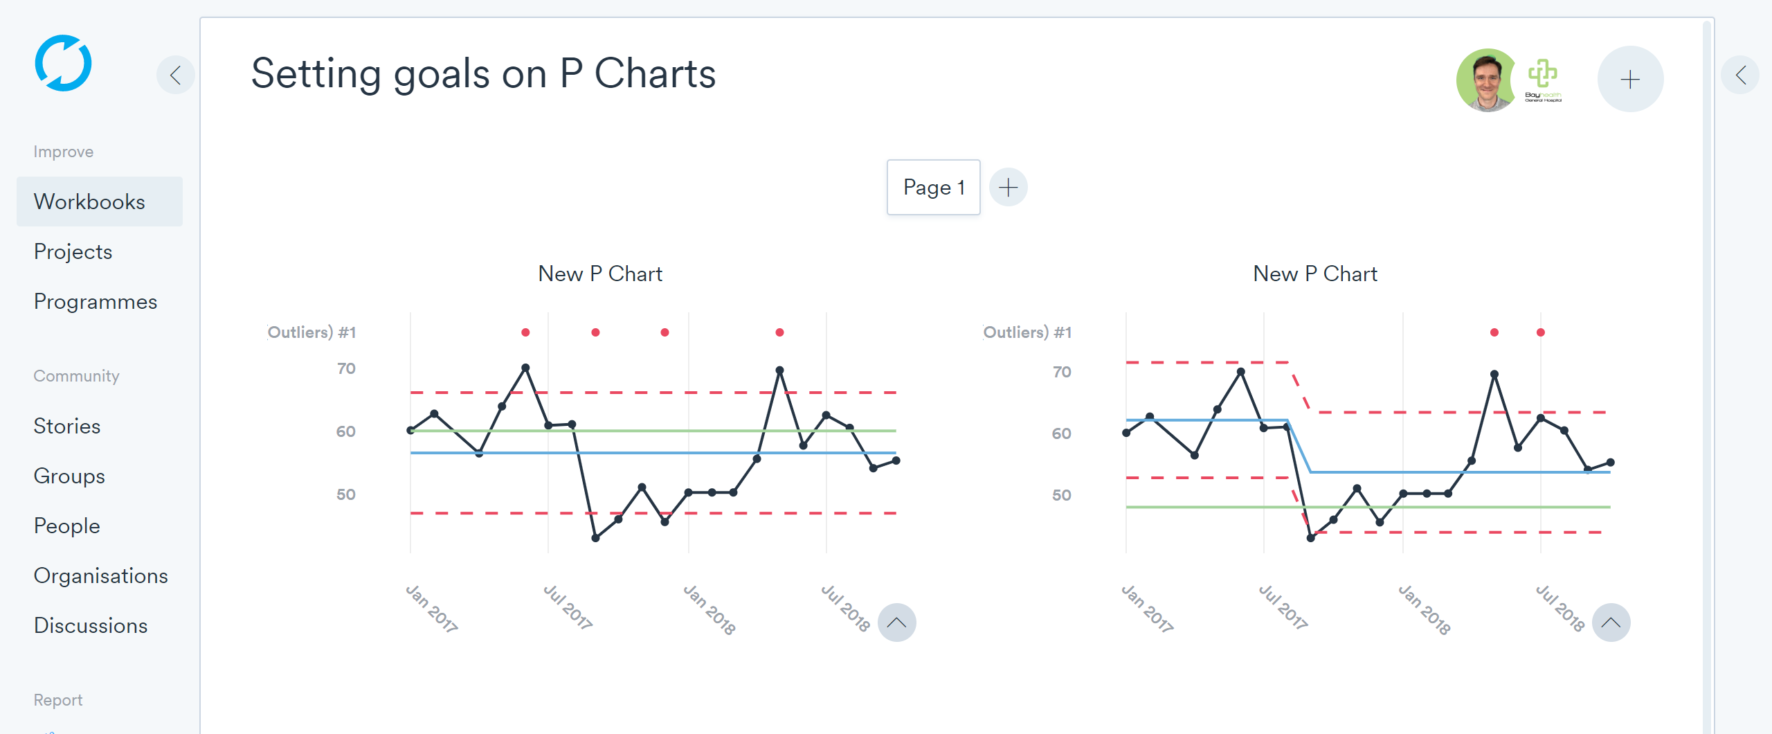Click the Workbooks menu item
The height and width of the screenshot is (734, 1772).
click(89, 202)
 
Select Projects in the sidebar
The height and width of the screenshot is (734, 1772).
click(73, 251)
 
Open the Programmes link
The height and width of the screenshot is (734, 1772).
click(96, 301)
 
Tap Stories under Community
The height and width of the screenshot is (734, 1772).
click(67, 426)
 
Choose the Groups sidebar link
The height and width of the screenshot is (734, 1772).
click(69, 476)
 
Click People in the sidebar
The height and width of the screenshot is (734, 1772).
click(67, 526)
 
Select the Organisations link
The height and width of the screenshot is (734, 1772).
click(101, 575)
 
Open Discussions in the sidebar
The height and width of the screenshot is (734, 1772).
click(91, 625)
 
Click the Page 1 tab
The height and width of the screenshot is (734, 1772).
click(933, 187)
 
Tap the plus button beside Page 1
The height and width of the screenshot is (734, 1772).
click(1008, 187)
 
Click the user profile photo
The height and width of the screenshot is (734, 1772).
click(1485, 80)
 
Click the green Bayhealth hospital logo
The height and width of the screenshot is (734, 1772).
click(1543, 80)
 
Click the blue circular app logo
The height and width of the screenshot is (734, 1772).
click(63, 63)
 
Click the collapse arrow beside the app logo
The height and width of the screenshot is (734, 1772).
click(176, 75)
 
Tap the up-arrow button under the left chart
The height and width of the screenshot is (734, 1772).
click(896, 623)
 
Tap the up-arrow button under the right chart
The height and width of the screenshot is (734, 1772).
click(1611, 623)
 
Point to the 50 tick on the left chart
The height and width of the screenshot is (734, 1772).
click(346, 494)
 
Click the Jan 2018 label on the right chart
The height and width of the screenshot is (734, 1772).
click(1425, 609)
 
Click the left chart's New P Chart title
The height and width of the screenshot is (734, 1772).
click(600, 274)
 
